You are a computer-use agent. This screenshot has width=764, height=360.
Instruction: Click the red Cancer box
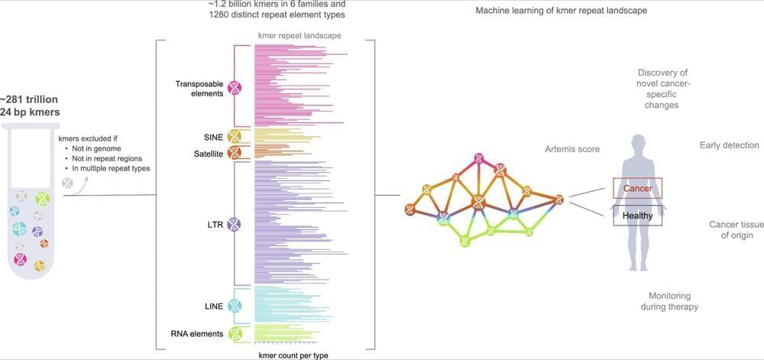click(x=637, y=188)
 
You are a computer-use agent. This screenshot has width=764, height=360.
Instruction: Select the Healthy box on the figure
click(x=637, y=216)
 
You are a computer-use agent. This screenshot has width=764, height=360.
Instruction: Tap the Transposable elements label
click(x=199, y=89)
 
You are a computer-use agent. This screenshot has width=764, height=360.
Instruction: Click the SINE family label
click(x=213, y=138)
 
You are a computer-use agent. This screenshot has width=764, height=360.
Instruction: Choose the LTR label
click(x=215, y=225)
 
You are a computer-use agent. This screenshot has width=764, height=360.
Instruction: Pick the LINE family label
click(x=214, y=306)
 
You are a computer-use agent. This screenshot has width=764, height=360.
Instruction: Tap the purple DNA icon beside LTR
click(x=235, y=225)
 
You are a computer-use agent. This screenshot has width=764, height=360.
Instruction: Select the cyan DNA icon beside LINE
click(x=235, y=306)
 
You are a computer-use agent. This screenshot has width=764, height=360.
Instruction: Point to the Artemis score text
click(x=572, y=150)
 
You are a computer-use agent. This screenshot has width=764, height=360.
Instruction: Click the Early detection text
click(x=729, y=145)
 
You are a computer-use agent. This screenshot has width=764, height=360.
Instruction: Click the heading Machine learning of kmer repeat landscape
click(x=561, y=11)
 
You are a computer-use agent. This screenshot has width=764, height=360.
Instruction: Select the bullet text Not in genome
click(x=94, y=149)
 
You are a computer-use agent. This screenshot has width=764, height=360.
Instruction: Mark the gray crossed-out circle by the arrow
click(x=69, y=184)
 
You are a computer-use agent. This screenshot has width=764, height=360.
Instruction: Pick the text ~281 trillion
click(x=29, y=99)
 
